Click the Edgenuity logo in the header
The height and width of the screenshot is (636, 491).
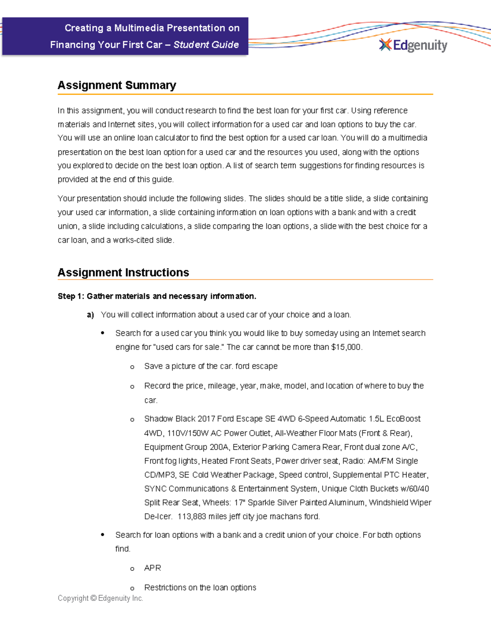[x=413, y=45]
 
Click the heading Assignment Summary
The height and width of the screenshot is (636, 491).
[x=117, y=85]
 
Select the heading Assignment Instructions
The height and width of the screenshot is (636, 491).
[x=123, y=272]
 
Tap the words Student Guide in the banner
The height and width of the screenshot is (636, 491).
[x=206, y=45]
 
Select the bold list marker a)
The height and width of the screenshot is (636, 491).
[x=90, y=315]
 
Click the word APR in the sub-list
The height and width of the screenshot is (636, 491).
[x=153, y=568]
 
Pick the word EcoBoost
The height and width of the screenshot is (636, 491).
[x=403, y=419]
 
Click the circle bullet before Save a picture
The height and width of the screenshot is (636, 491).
[x=132, y=367]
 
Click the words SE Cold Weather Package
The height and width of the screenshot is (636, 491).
[x=227, y=475]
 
